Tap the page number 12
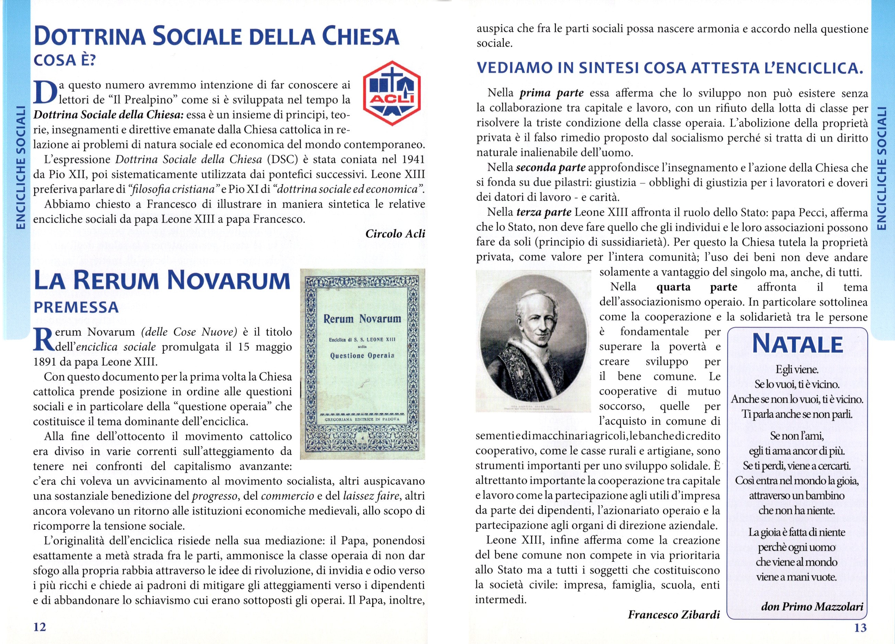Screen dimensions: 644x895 coord(40,627)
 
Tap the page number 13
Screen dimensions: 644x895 coord(860,627)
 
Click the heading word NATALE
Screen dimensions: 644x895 coord(797,345)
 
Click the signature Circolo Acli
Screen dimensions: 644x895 coord(395,234)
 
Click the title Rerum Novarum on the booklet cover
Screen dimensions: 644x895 coord(362,319)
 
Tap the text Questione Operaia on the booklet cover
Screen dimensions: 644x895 coord(362,355)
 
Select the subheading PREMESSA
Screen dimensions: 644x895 coord(76,307)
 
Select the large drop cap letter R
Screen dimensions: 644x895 coord(42,339)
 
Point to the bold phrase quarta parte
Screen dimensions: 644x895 coord(696,287)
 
